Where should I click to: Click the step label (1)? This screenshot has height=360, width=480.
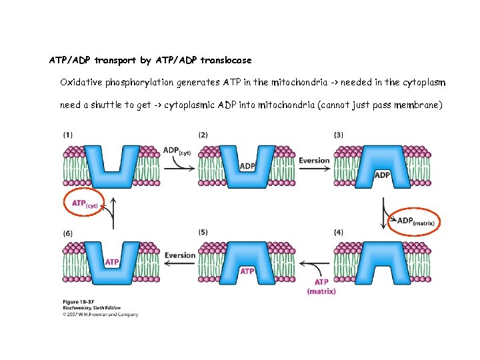click(x=68, y=135)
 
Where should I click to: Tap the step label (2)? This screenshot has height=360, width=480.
click(x=203, y=135)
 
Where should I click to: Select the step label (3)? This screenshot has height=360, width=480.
click(x=339, y=135)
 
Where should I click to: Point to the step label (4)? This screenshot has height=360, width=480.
click(x=339, y=232)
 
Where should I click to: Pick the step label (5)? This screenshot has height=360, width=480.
click(x=203, y=232)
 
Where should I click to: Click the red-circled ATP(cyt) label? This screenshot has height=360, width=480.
click(x=85, y=204)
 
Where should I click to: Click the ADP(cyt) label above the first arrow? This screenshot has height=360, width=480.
click(x=177, y=151)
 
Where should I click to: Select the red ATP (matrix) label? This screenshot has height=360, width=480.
click(x=321, y=287)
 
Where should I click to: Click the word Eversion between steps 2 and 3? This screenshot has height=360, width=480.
click(x=314, y=161)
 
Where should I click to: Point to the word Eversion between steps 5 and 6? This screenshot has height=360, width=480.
click(x=179, y=255)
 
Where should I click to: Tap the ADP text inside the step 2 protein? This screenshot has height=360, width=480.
click(x=247, y=165)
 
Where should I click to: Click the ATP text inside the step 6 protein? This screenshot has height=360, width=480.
click(x=113, y=262)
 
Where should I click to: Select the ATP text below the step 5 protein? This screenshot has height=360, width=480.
click(x=247, y=271)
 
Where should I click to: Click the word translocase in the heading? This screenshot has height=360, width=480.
click(x=227, y=61)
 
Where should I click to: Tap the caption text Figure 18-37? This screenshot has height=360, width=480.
click(x=78, y=302)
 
